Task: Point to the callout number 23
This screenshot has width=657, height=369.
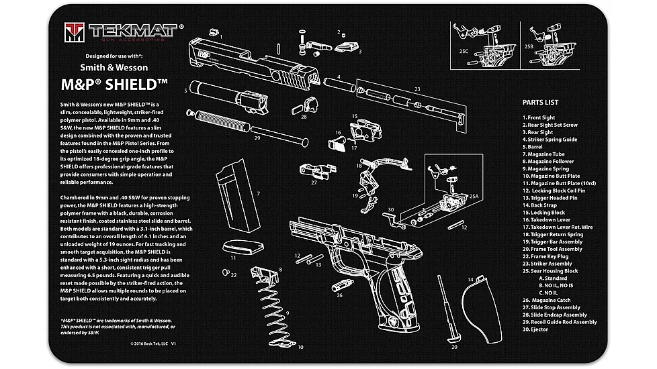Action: click(417, 89)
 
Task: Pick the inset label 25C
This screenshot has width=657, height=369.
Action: click(463, 50)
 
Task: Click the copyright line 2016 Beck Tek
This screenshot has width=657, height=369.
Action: click(153, 343)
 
